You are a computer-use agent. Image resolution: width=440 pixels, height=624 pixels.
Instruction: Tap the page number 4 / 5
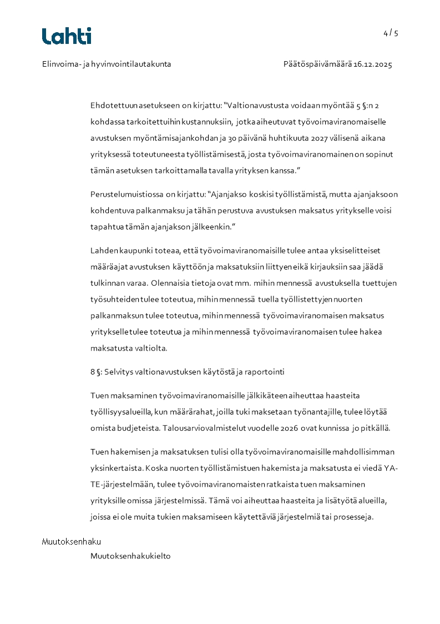(391, 33)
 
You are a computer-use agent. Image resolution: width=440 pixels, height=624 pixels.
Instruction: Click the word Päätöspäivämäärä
(317, 64)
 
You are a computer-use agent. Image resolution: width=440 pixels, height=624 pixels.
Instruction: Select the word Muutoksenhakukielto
(130, 556)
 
